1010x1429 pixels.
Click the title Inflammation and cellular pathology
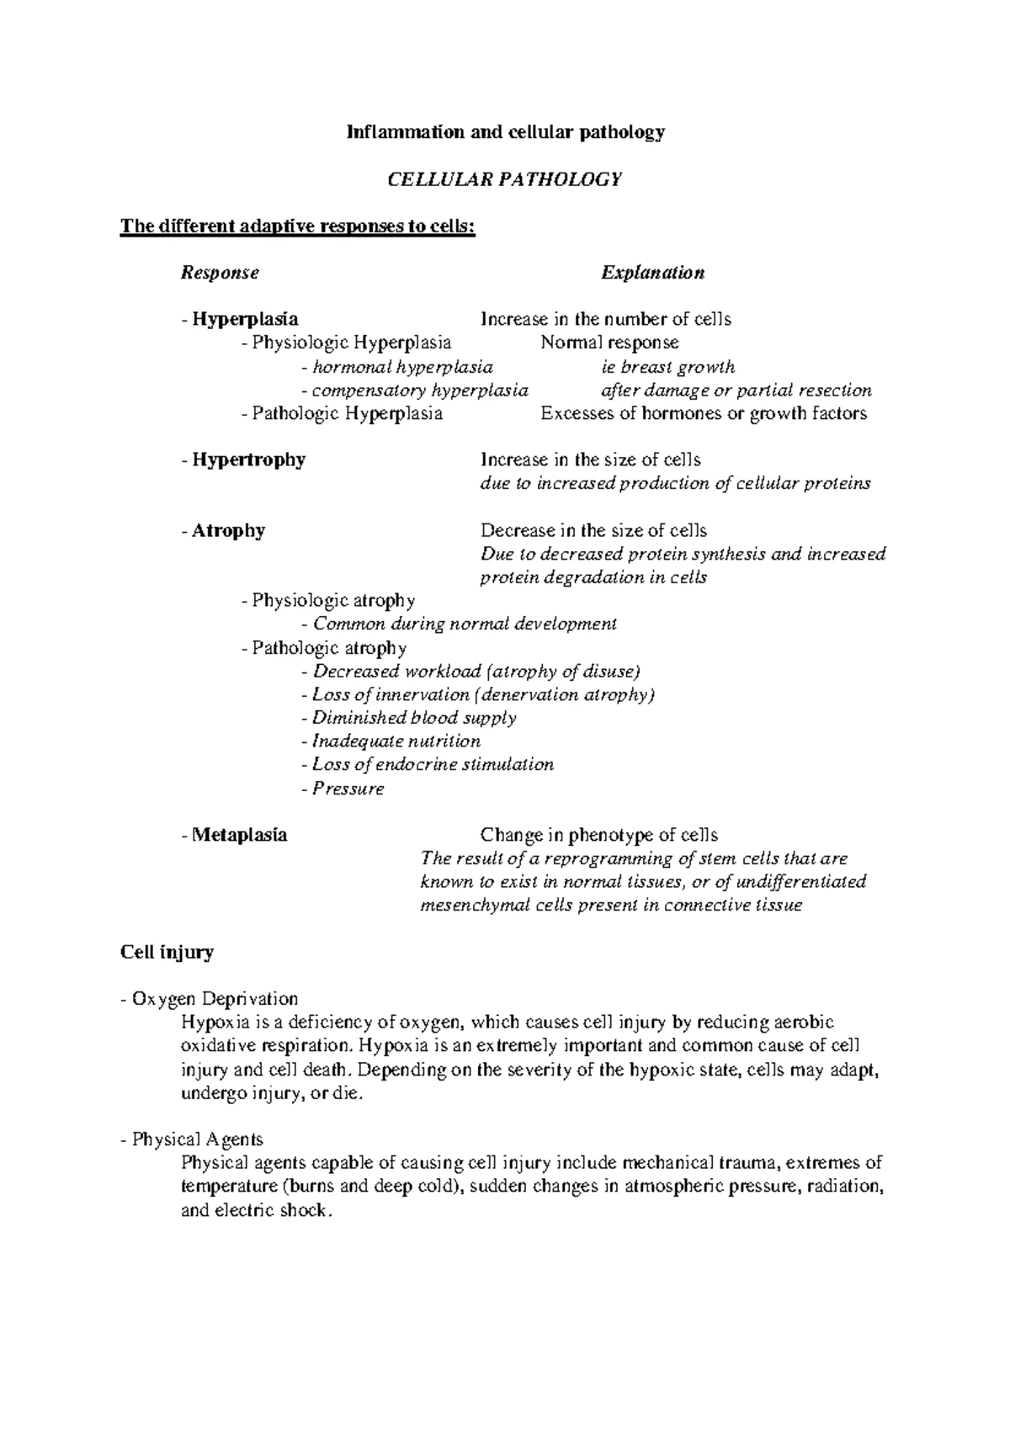[x=507, y=132]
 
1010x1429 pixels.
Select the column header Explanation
[x=652, y=273]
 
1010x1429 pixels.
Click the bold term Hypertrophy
[x=248, y=460]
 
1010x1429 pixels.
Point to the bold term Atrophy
[x=228, y=530]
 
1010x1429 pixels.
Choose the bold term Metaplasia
[x=239, y=835]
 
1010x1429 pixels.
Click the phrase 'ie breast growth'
[x=667, y=367]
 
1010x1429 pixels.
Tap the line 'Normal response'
[x=609, y=343]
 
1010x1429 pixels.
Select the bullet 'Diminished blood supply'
[x=413, y=718]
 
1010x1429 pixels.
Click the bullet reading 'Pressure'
[x=348, y=789]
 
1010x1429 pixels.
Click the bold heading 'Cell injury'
[x=167, y=953]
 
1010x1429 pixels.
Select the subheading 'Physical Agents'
[x=197, y=1139]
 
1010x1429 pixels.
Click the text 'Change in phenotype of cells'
[x=598, y=835]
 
